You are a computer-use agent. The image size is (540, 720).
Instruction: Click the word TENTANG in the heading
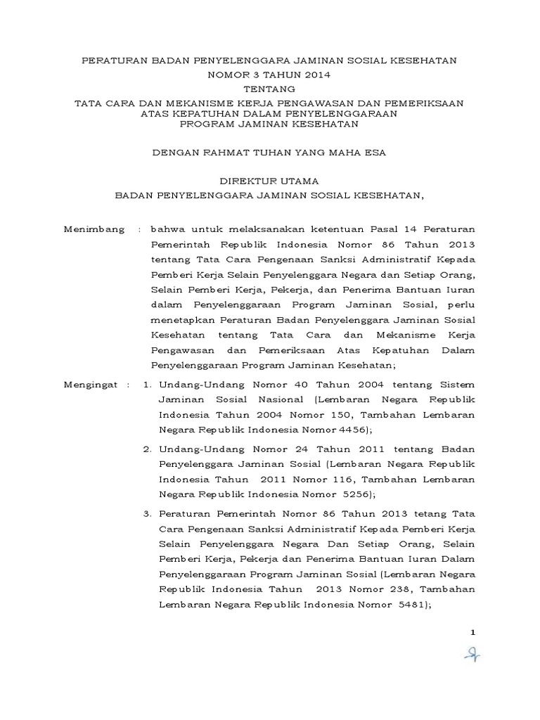click(x=269, y=89)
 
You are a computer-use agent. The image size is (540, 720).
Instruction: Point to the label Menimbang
click(x=94, y=230)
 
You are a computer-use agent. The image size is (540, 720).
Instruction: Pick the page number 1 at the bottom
click(x=473, y=634)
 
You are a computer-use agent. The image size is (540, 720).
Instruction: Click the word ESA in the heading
click(x=373, y=151)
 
